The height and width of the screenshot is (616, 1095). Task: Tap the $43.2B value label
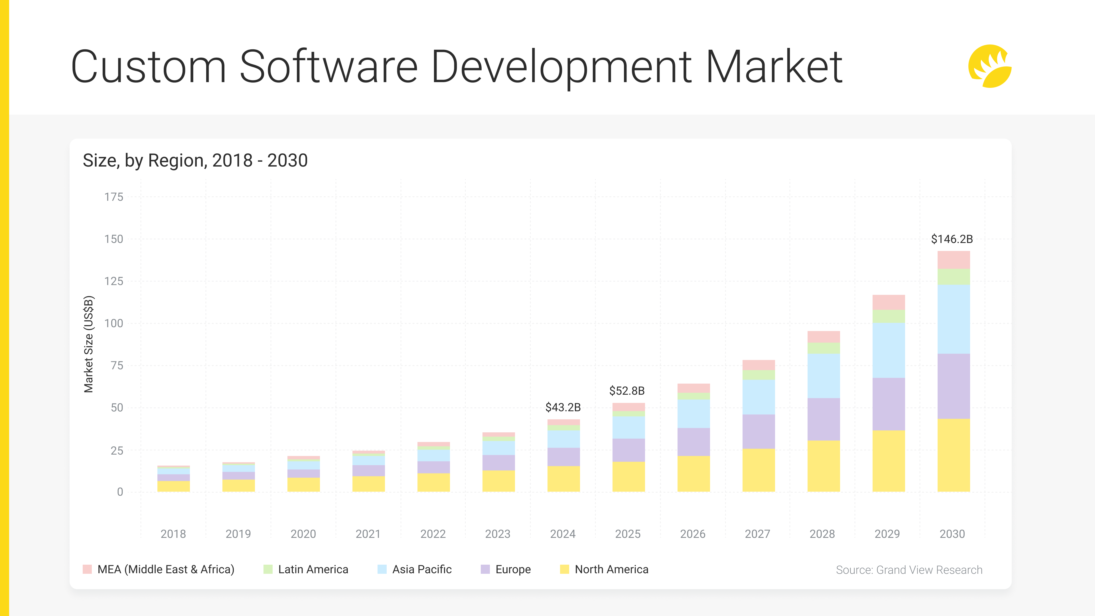pos(563,407)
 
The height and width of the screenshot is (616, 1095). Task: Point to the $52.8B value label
pos(627,391)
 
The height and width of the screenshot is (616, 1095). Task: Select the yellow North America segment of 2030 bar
pos(954,455)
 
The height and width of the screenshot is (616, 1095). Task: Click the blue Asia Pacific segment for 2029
pos(889,350)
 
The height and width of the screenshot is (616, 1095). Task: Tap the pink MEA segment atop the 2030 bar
pos(954,260)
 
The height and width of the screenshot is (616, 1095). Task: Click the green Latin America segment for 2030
pos(954,277)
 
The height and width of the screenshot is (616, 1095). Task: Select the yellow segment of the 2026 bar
pos(693,474)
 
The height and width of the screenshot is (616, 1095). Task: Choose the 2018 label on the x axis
pos(173,534)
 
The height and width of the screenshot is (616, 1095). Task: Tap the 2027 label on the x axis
pos(757,534)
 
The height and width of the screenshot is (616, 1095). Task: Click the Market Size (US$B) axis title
pos(88,344)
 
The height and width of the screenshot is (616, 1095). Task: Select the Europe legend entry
pos(513,569)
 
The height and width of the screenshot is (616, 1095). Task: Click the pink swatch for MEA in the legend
pos(87,569)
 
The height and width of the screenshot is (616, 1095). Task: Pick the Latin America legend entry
pos(313,569)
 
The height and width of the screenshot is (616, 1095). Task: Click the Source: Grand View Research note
pos(909,570)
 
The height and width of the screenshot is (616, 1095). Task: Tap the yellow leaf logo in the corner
pos(989,66)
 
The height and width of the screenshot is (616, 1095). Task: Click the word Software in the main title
pos(328,67)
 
